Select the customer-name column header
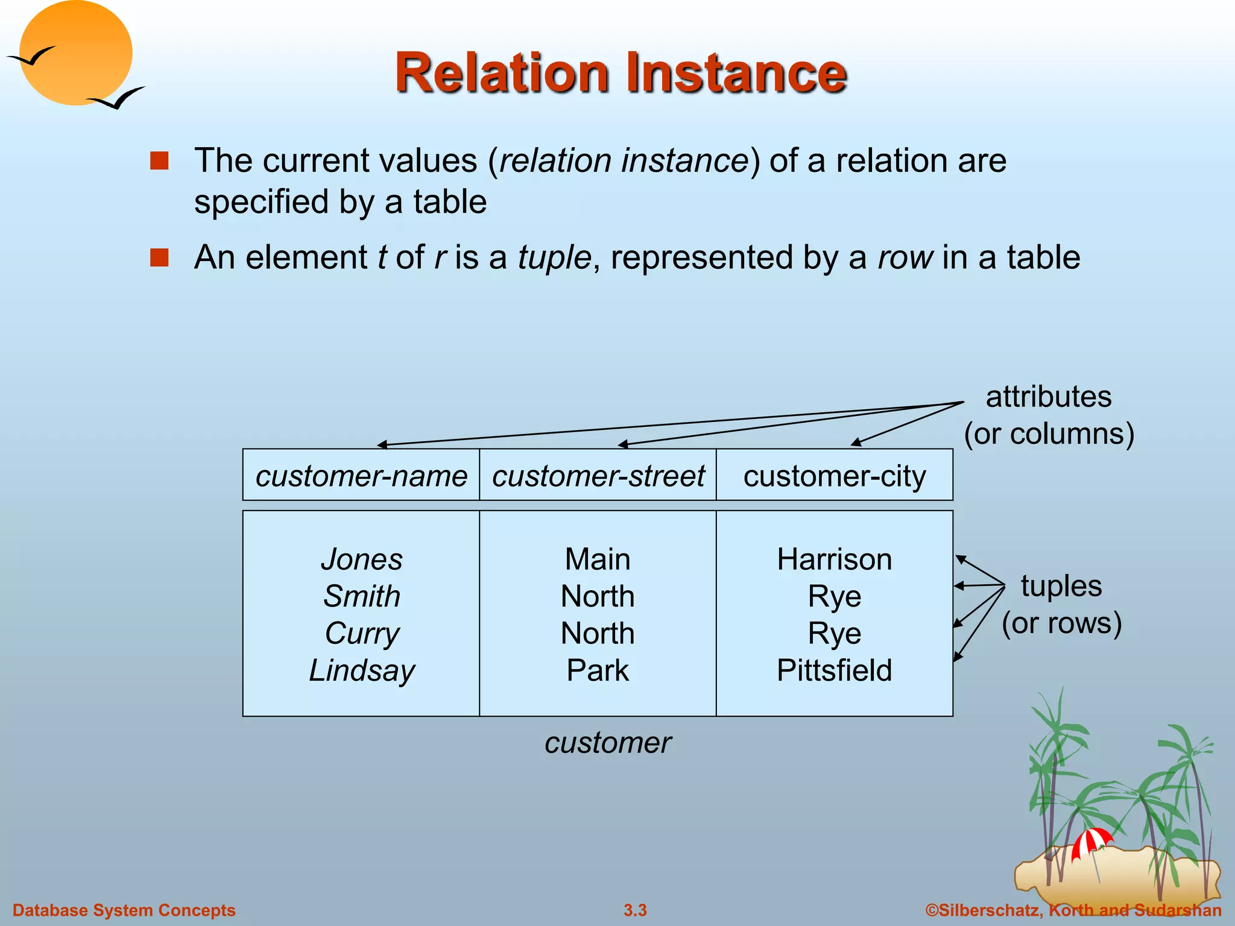pos(361,476)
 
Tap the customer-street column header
pos(598,476)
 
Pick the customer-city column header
pos(834,476)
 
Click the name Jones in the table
pos(362,559)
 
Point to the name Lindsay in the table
pos(362,670)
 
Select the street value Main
pos(598,559)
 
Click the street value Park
pos(598,670)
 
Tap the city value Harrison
pos(834,559)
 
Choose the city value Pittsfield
pos(834,670)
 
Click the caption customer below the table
pos(608,743)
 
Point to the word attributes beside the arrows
pos(1049,397)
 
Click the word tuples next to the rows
pos(1061,586)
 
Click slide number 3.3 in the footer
pos(635,910)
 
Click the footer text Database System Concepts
pos(124,910)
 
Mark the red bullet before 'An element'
pos(159,257)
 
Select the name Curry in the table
pos(362,634)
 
